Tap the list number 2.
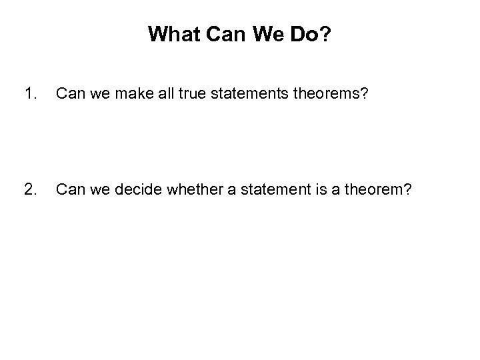click(29, 191)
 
